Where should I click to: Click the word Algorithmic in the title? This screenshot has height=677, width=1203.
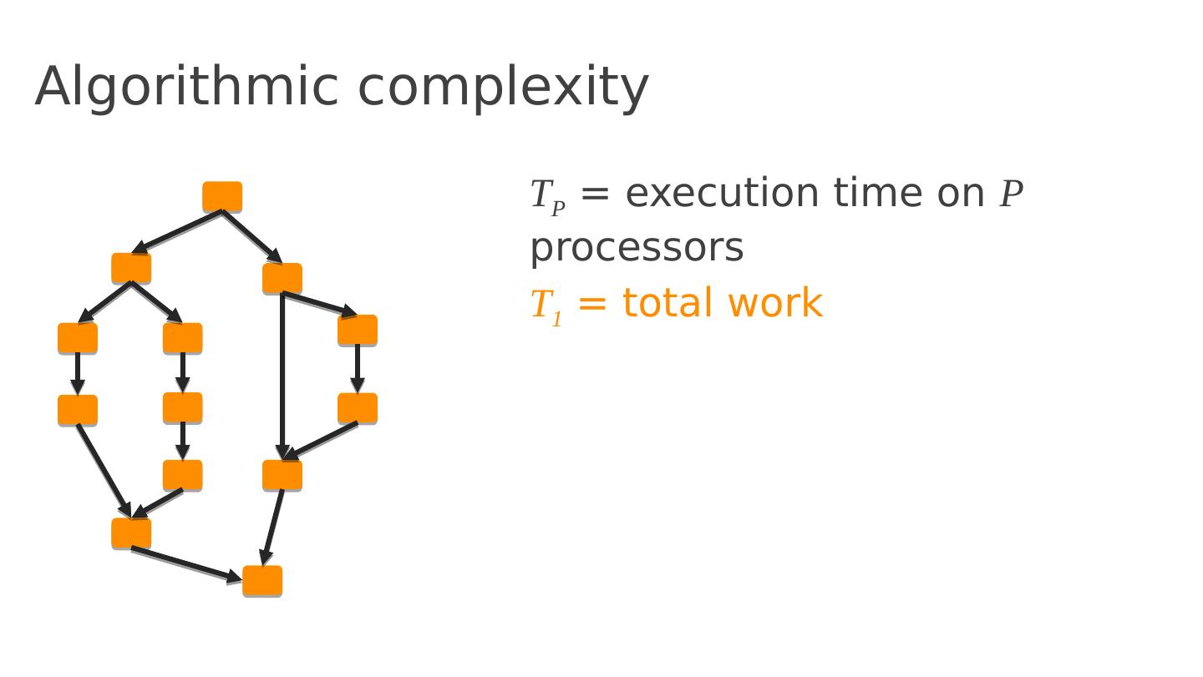pos(185,88)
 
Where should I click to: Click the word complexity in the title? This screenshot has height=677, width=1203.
pos(503,88)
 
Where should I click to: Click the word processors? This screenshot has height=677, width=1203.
pos(637,248)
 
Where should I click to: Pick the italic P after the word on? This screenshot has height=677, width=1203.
pos(1011,195)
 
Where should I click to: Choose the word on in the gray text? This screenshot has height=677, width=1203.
pos(961,195)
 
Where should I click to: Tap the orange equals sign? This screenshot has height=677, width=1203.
pos(591,304)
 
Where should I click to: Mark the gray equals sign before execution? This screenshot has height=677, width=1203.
pos(594,195)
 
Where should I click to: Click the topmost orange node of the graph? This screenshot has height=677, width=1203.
pos(222,197)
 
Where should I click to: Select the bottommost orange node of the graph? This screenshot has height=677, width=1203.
pos(262,581)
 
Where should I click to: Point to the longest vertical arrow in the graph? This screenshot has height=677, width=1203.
pos(282,376)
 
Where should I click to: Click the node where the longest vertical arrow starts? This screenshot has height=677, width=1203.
pos(282,278)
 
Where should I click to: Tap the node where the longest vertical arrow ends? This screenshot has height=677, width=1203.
pos(282,475)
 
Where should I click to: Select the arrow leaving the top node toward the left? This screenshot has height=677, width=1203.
pos(177,231)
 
